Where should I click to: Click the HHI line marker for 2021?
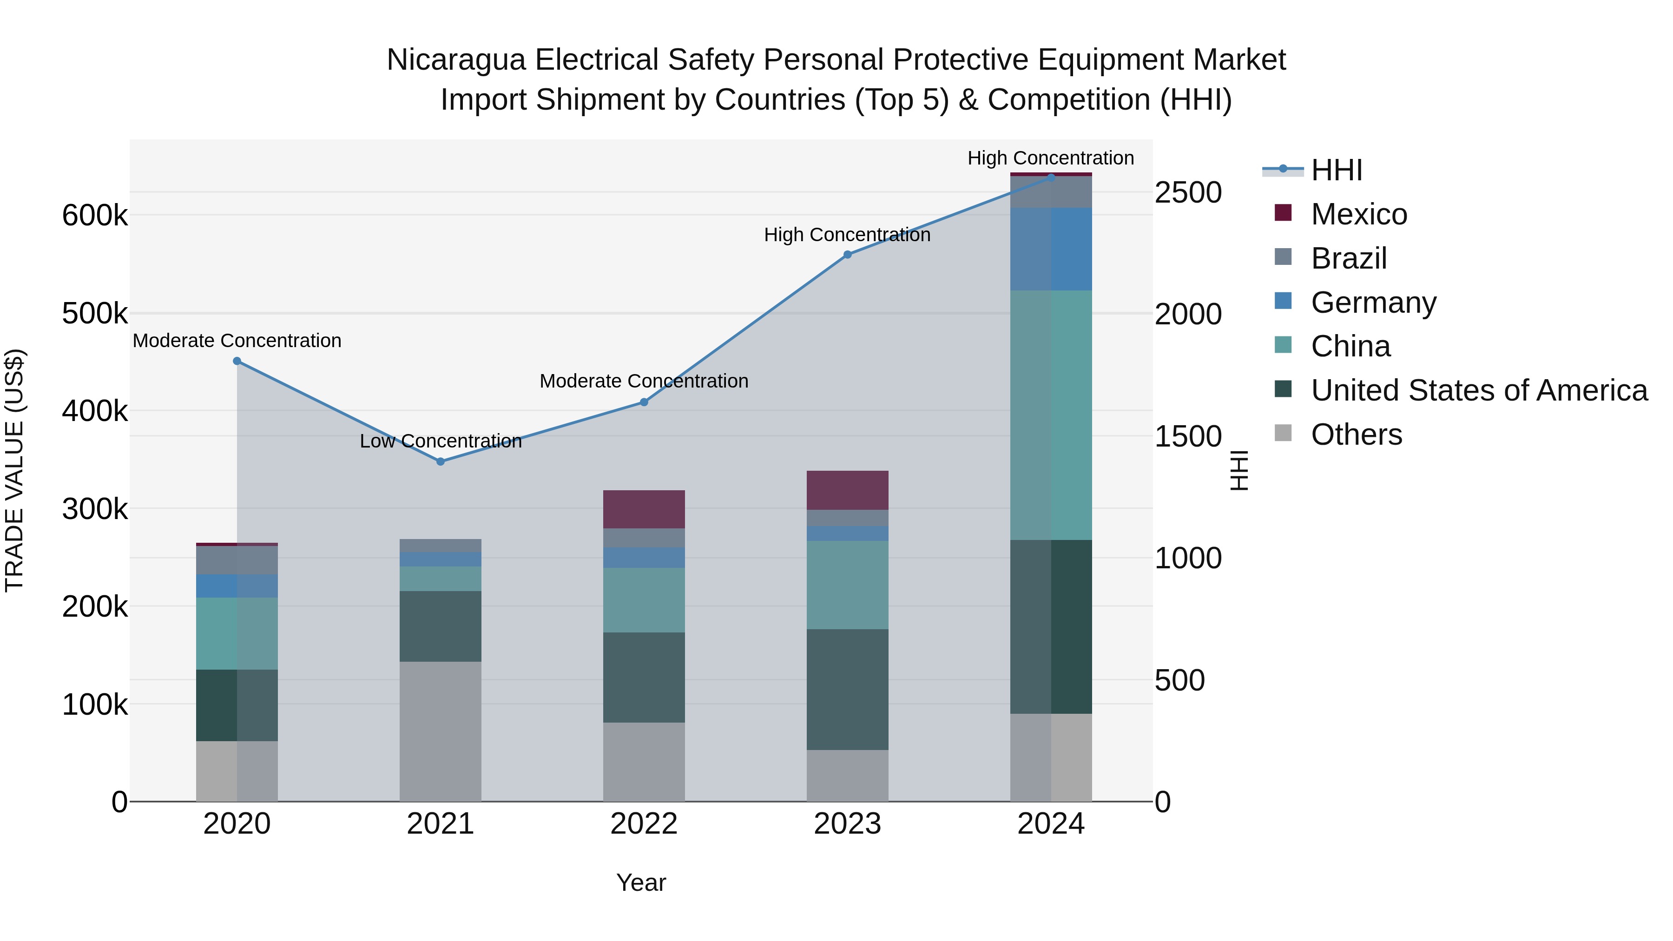click(x=441, y=462)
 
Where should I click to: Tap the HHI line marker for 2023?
click(x=847, y=255)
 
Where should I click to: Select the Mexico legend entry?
click(x=1359, y=214)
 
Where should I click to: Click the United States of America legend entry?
click(x=1479, y=390)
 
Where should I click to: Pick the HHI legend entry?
click(x=1337, y=170)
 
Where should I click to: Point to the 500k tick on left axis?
click(x=95, y=314)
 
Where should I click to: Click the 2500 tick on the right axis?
click(x=1188, y=193)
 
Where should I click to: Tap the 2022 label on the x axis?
click(x=644, y=824)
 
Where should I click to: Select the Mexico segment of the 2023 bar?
click(x=847, y=490)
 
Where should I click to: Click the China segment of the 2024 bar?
click(x=1051, y=415)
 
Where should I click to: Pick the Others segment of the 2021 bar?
click(x=441, y=731)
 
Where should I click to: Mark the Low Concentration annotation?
click(x=441, y=441)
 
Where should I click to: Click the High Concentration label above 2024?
click(x=1050, y=158)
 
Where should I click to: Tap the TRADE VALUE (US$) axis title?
click(x=14, y=470)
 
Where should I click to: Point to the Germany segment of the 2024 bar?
click(x=1051, y=250)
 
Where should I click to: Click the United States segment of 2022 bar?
click(x=644, y=678)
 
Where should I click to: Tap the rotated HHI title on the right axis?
click(x=1239, y=470)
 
